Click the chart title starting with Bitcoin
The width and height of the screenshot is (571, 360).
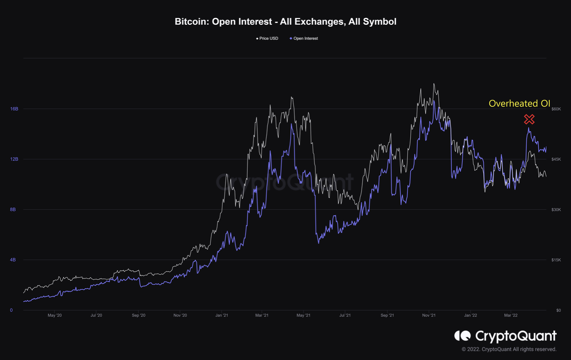click(x=285, y=22)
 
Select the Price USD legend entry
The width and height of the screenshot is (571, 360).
click(x=268, y=38)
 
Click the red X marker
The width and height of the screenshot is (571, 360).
click(x=529, y=119)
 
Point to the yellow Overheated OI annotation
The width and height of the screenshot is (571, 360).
click(x=519, y=104)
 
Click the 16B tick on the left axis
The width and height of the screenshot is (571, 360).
click(x=14, y=109)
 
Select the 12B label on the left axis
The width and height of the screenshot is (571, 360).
click(x=14, y=159)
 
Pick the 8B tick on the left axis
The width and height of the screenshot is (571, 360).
click(x=13, y=210)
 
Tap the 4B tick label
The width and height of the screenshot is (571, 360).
click(x=13, y=260)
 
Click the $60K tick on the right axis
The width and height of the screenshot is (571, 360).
click(x=556, y=109)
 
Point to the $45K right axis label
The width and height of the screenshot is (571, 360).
click(x=556, y=159)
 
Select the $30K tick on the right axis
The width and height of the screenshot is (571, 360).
click(x=556, y=210)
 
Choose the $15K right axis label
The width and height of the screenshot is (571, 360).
click(x=556, y=260)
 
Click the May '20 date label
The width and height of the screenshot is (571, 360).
click(x=55, y=315)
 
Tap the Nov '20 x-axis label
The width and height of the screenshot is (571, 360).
click(x=180, y=315)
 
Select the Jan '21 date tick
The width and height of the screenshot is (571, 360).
click(x=222, y=315)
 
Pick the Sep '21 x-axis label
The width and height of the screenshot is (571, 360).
click(x=387, y=315)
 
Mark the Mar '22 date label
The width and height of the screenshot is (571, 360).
click(x=511, y=315)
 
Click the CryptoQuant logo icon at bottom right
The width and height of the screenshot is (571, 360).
click(x=462, y=336)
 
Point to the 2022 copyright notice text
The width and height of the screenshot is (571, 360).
click(x=509, y=349)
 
